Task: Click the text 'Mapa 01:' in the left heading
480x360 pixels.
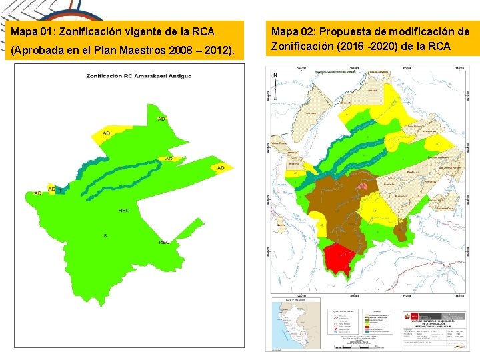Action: [x=31, y=31]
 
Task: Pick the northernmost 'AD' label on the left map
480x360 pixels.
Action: [x=161, y=119]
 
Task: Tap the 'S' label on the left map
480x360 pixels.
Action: [x=105, y=235]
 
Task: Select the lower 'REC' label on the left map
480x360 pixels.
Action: [x=164, y=242]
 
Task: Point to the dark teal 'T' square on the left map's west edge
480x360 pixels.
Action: [x=61, y=191]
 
